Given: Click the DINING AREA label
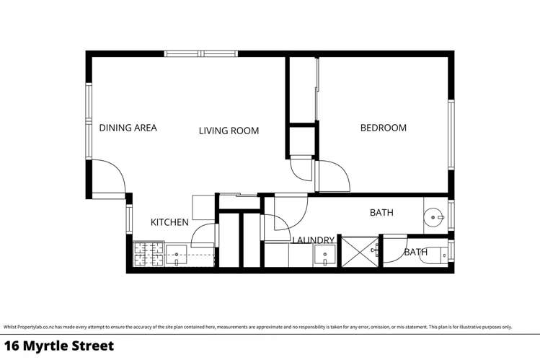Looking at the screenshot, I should [x=128, y=128].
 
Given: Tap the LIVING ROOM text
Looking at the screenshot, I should [x=229, y=131].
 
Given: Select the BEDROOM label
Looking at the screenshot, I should [x=383, y=128].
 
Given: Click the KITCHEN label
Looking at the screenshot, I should [x=169, y=222].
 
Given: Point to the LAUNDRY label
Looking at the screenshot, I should [x=314, y=240].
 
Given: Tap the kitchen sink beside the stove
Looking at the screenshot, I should [x=177, y=253].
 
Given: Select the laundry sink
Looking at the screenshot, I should [x=324, y=255].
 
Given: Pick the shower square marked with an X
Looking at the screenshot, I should [x=358, y=251].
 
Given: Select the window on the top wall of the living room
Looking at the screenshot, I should [x=200, y=53].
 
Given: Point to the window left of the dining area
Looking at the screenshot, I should [x=89, y=121].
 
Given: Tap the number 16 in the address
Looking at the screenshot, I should [x=12, y=346].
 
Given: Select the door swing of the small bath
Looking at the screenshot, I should [x=393, y=247].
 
